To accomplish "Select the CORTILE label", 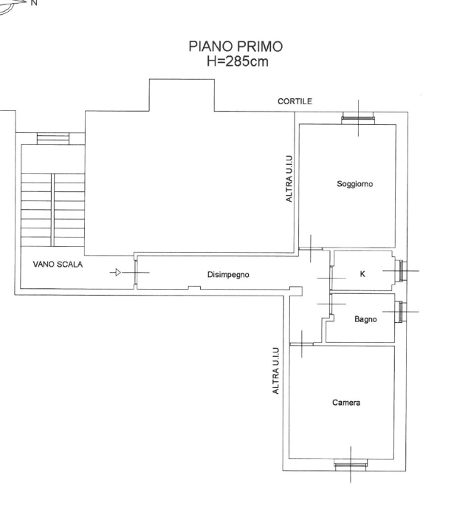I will pos(295,101).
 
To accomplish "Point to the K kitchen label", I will pos(362,274).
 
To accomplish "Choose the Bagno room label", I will pos(365,319).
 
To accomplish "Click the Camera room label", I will pos(345,403).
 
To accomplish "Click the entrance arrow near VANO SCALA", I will pos(116,273).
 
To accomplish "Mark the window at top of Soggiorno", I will pos(358,118).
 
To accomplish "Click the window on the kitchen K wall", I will pos(399,271).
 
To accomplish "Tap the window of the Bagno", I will pos(399,312).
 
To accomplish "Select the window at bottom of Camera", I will pos(351,464).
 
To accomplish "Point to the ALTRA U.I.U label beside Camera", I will pos(275,370).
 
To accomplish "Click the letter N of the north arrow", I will pos(31,3).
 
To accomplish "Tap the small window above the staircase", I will pos(52,139).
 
